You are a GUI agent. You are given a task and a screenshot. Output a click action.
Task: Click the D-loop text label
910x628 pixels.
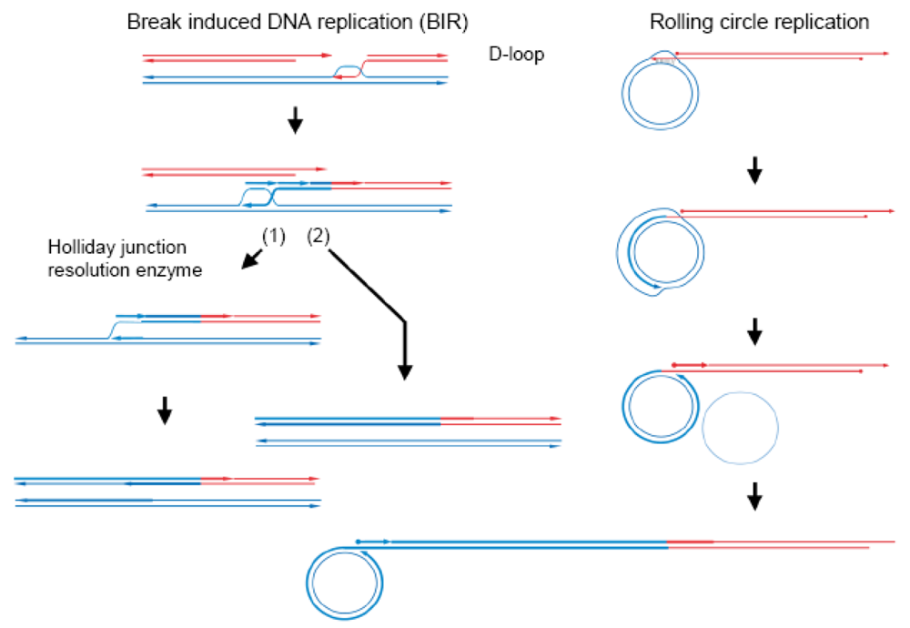516,55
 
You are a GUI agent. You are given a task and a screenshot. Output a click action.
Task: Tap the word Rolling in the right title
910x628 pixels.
676,21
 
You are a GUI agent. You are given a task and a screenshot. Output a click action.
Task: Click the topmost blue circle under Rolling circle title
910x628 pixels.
660,94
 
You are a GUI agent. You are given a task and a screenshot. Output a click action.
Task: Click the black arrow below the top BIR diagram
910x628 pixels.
295,120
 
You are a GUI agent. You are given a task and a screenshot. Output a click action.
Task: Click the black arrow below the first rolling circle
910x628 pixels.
753,169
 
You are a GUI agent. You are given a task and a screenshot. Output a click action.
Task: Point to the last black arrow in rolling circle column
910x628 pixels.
753,496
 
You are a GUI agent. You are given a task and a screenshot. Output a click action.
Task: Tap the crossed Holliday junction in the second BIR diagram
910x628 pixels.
258,195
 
